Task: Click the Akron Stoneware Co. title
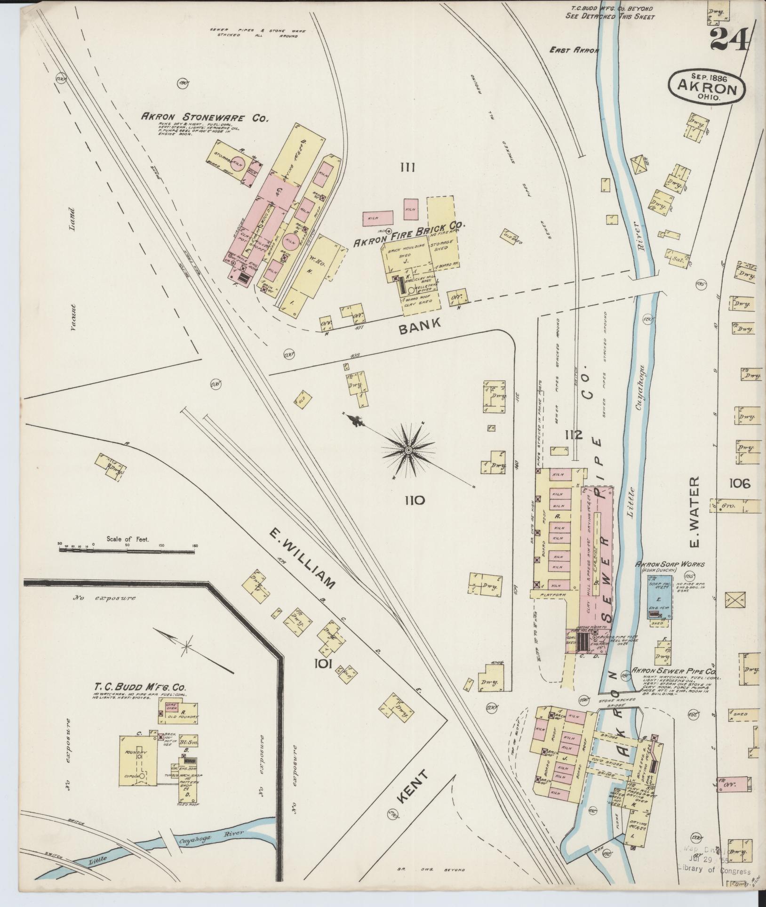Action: pos(205,118)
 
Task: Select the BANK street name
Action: pos(420,326)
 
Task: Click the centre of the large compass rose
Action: pos(408,450)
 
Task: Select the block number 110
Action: pos(414,500)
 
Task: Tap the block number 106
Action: pos(740,483)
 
